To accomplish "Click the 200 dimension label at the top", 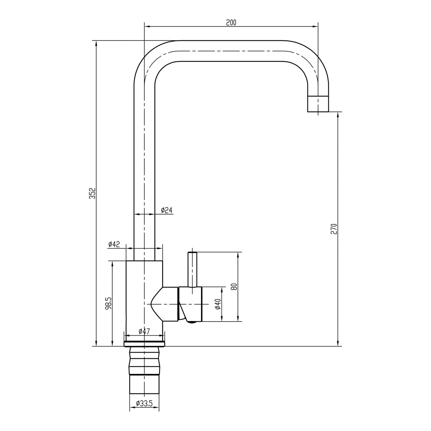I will [x=231, y=22].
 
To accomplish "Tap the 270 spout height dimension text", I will [x=333, y=229].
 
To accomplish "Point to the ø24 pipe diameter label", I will [x=167, y=211].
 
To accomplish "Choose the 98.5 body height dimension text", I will [x=109, y=304].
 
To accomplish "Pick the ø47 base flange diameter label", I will [x=144, y=331].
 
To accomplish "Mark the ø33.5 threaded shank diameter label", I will [x=144, y=403].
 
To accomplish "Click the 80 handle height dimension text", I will [x=234, y=287].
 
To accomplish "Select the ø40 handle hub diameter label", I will [x=218, y=304].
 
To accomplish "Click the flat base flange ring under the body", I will [x=144, y=344].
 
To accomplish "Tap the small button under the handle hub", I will [x=192, y=322].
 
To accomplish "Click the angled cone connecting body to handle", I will [x=165, y=304].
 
